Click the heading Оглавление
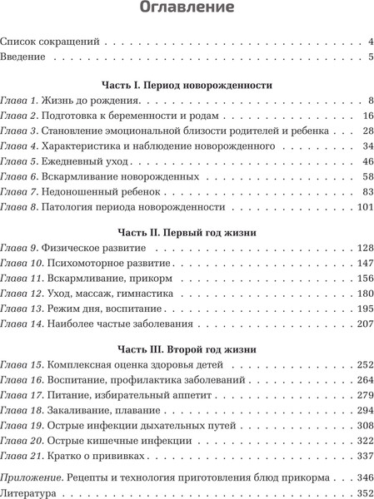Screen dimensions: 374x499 [187, 10]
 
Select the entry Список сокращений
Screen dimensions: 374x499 [51, 40]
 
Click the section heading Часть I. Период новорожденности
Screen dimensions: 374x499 [187, 85]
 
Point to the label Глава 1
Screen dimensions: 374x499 [19, 101]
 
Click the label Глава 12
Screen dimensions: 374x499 [22, 293]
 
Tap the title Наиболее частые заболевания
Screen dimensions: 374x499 [123, 323]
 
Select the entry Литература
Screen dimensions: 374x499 [29, 493]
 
